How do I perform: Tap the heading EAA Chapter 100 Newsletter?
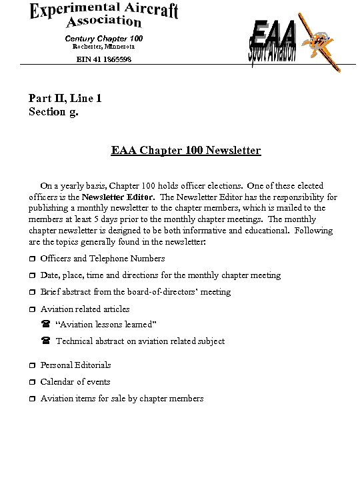[186, 151]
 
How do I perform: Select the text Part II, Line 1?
[65, 99]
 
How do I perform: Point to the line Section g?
[53, 111]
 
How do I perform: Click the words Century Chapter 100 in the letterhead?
[103, 38]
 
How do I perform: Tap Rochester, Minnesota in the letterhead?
[103, 47]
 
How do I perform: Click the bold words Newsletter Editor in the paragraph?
[119, 197]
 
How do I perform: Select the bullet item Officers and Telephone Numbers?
[103, 259]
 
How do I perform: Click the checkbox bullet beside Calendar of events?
[31, 383]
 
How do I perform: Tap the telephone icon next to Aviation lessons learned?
[46, 325]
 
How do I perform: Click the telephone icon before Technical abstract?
[46, 341]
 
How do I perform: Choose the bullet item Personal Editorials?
[75, 365]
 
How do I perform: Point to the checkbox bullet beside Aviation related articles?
[31, 309]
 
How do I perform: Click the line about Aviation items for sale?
[122, 399]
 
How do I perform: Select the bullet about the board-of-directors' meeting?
[135, 292]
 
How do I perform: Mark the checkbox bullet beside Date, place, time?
[31, 276]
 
